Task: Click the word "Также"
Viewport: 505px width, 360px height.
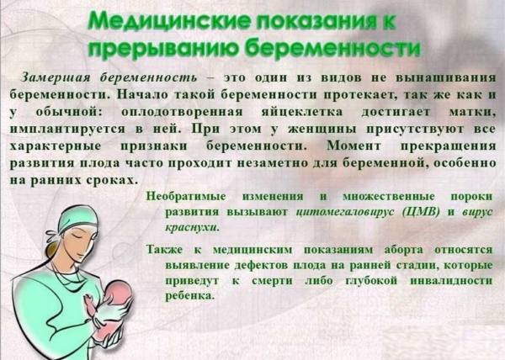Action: [166, 250]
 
